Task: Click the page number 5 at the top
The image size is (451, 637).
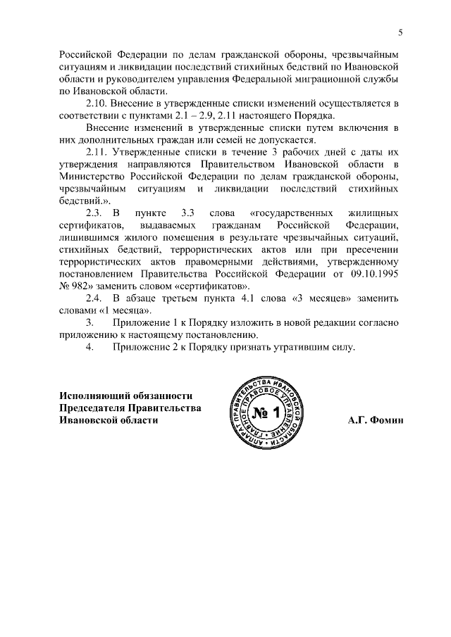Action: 400,32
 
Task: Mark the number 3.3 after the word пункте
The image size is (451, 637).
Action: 187,213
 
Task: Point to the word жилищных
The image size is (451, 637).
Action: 374,213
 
